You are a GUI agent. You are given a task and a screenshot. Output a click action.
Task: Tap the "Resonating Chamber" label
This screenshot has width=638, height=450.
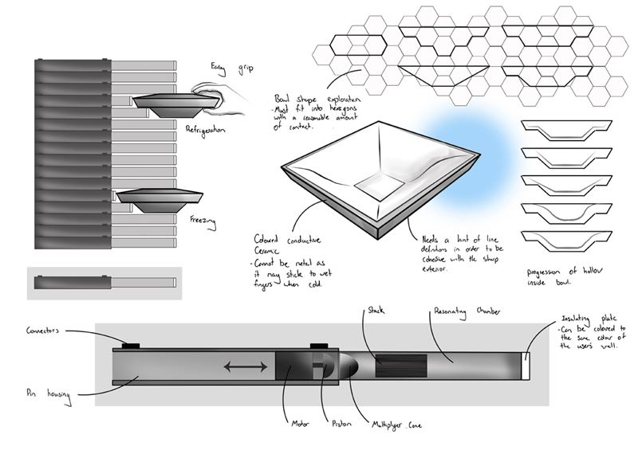(x=467, y=311)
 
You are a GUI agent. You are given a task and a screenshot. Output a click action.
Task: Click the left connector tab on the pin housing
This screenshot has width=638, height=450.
(x=130, y=345)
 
